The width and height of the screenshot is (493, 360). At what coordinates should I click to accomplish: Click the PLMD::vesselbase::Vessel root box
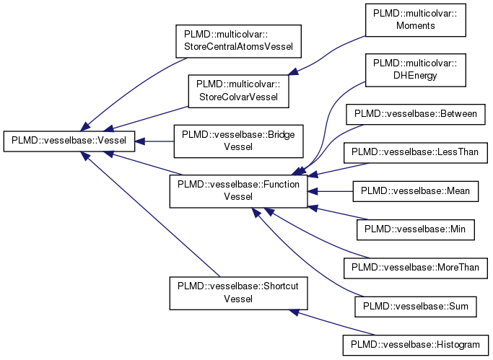[x=69, y=141]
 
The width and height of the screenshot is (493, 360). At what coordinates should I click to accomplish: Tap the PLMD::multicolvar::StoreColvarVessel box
[x=238, y=92]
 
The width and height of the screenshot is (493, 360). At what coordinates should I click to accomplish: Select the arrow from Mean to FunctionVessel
[x=332, y=191]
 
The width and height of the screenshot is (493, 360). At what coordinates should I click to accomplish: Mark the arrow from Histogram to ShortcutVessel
[x=332, y=322]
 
